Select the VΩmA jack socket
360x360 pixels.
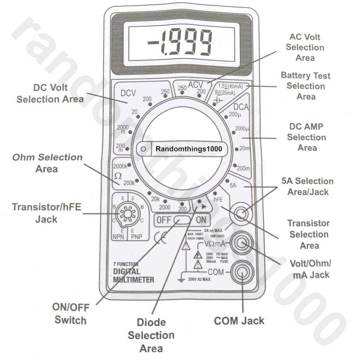coord(242,244)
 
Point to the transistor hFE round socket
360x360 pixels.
coord(127,214)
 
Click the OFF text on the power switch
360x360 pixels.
coord(164,220)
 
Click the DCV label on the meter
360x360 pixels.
coord(128,93)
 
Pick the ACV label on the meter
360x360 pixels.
coord(196,85)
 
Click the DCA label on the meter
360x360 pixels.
coord(241,107)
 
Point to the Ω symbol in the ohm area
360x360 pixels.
coord(118,176)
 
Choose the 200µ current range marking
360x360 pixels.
coord(234,115)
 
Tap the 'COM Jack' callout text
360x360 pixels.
coord(239,320)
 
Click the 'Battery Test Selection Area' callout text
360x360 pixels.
coord(306,86)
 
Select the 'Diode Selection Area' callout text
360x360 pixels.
coord(151,335)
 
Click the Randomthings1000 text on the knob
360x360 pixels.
coord(189,148)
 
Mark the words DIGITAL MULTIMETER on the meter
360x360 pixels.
coord(134,275)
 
